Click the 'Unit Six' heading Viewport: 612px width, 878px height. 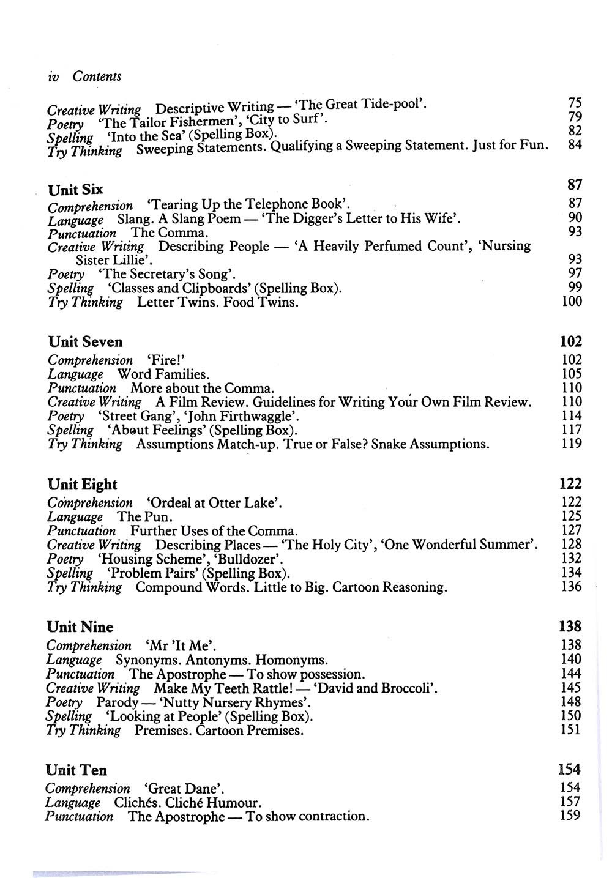pyautogui.click(x=75, y=190)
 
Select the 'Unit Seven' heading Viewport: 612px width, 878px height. pyautogui.click(x=85, y=341)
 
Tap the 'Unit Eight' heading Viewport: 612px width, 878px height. pyautogui.click(x=82, y=485)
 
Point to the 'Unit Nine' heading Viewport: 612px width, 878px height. pyautogui.click(x=80, y=627)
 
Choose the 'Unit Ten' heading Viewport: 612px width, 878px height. pyautogui.click(x=76, y=770)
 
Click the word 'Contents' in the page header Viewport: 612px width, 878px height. pyautogui.click(x=97, y=76)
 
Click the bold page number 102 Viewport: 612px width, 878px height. pyautogui.click(x=570, y=341)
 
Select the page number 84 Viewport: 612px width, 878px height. pyautogui.click(x=575, y=145)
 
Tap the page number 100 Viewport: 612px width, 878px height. pyautogui.click(x=572, y=301)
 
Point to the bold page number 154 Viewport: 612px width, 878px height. pyautogui.click(x=569, y=769)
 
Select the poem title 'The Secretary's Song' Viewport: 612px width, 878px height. pyautogui.click(x=166, y=274)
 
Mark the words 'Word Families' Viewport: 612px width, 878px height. pyautogui.click(x=163, y=374)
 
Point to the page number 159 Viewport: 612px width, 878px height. pyautogui.click(x=570, y=816)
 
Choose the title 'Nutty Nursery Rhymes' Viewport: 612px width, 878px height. pyautogui.click(x=232, y=702)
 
